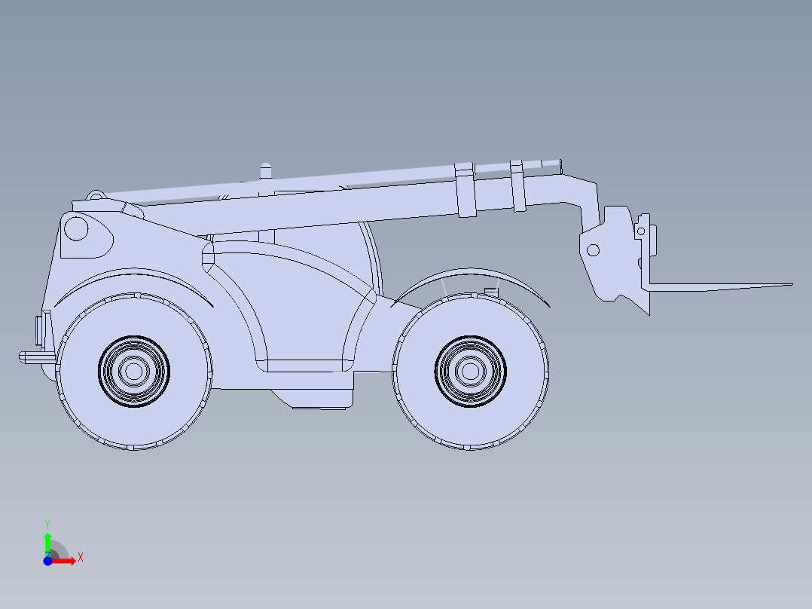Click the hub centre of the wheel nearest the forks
tap(470, 371)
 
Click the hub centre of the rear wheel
tap(133, 371)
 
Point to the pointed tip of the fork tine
tap(792, 284)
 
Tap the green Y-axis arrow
tap(47, 543)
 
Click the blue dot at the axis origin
tap(47, 561)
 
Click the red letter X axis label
tap(81, 558)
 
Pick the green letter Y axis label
tap(47, 524)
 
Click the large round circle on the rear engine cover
tap(76, 228)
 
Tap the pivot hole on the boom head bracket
tap(593, 250)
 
